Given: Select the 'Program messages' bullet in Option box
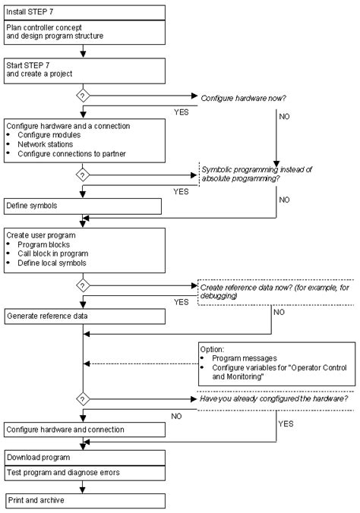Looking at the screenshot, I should (x=242, y=358).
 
